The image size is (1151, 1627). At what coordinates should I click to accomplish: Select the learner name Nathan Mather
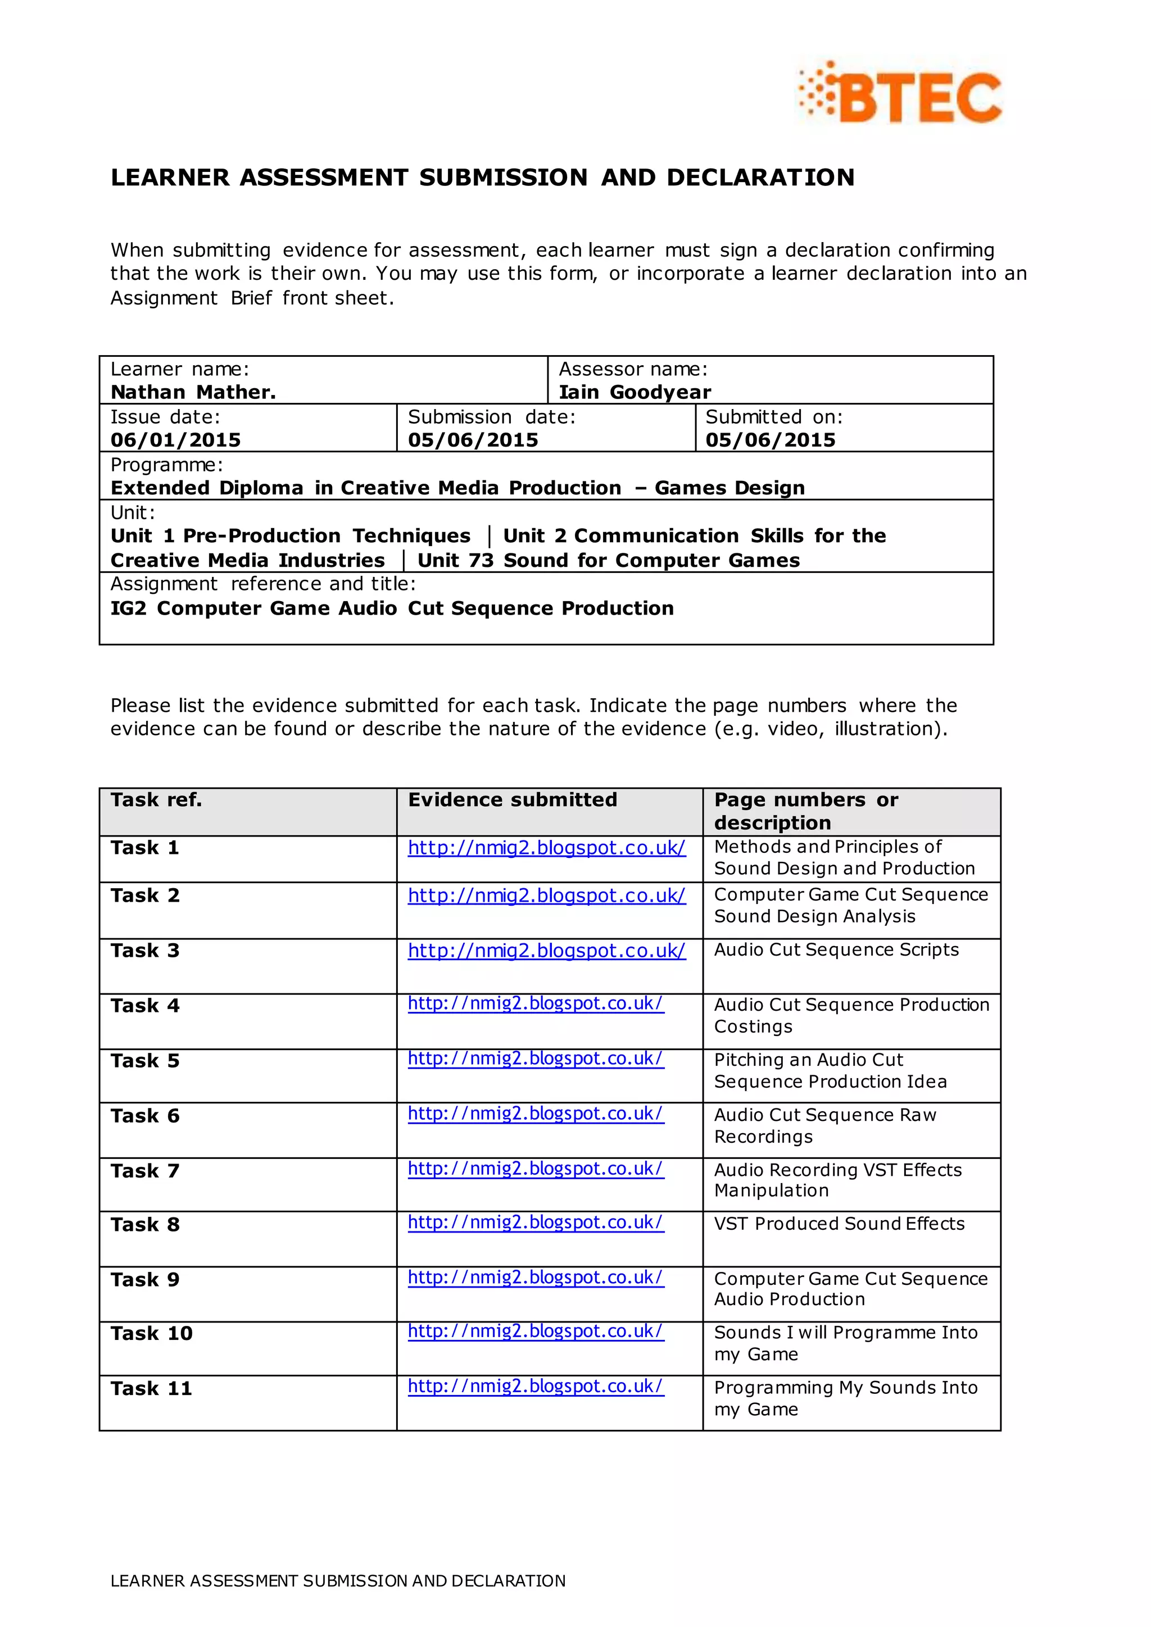tap(193, 392)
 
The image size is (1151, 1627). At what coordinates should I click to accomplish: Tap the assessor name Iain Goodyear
tap(635, 392)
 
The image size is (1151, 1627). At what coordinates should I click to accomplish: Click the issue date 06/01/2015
tap(175, 440)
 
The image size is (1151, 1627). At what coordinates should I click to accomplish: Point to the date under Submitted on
tap(770, 440)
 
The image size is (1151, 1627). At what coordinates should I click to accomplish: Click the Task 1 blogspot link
tap(546, 848)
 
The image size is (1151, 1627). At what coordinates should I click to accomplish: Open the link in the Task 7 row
tap(535, 1169)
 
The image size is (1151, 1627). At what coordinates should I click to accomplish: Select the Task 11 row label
tap(151, 1388)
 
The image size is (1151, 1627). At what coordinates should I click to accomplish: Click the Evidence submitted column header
tap(512, 800)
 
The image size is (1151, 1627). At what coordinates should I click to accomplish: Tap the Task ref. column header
tap(156, 800)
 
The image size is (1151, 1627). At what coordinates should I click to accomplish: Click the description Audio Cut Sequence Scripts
tap(836, 949)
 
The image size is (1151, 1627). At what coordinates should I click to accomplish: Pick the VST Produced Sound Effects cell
tap(839, 1224)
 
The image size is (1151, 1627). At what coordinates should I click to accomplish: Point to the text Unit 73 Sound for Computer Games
tap(608, 561)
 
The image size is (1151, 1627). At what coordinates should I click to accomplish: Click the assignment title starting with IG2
tap(391, 608)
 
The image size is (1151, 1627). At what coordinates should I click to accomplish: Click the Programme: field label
tap(166, 465)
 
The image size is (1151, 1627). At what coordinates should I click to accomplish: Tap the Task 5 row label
tap(144, 1061)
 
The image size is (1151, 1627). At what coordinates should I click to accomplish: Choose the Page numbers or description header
tap(806, 811)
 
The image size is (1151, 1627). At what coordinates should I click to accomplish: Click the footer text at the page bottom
tap(338, 1581)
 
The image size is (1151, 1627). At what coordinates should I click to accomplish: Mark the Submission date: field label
tap(491, 417)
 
